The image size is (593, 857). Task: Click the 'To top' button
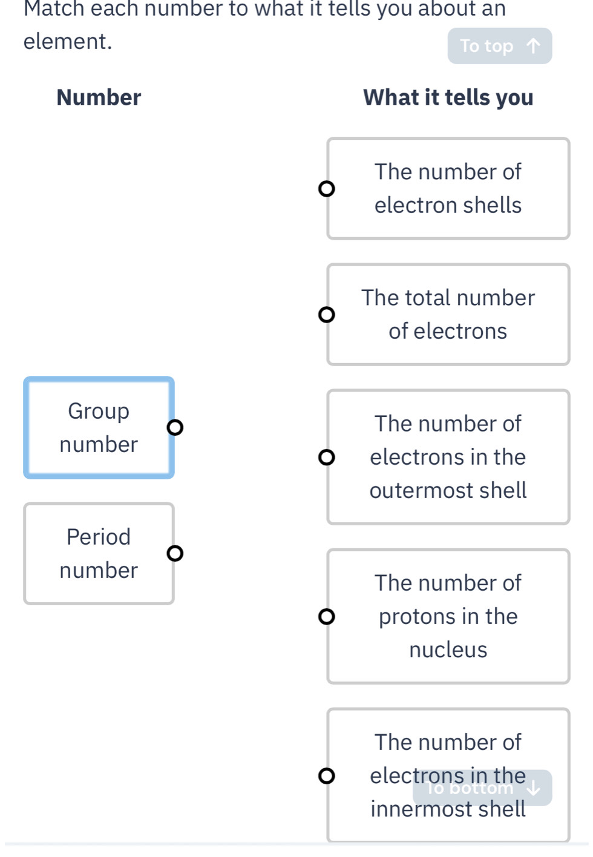[500, 46]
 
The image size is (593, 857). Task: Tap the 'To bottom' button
[482, 788]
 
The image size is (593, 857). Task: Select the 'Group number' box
[99, 427]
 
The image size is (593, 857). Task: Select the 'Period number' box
[99, 553]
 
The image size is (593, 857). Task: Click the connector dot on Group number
[175, 427]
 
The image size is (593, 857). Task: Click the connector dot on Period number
[175, 553]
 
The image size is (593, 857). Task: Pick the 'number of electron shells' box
[448, 188]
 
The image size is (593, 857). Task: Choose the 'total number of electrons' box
[448, 314]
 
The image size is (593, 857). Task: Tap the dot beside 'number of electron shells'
[326, 189]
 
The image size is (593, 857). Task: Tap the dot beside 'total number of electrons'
[326, 315]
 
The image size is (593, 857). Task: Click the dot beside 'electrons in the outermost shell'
[326, 457]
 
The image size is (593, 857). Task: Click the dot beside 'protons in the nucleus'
[326, 616]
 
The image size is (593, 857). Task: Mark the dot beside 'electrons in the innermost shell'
[326, 776]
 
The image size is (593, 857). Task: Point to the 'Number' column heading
[99, 97]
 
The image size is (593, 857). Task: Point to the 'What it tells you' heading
[448, 98]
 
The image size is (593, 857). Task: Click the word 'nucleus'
[448, 649]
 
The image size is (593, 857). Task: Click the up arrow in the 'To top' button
[533, 46]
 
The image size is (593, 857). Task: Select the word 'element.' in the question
[68, 41]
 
